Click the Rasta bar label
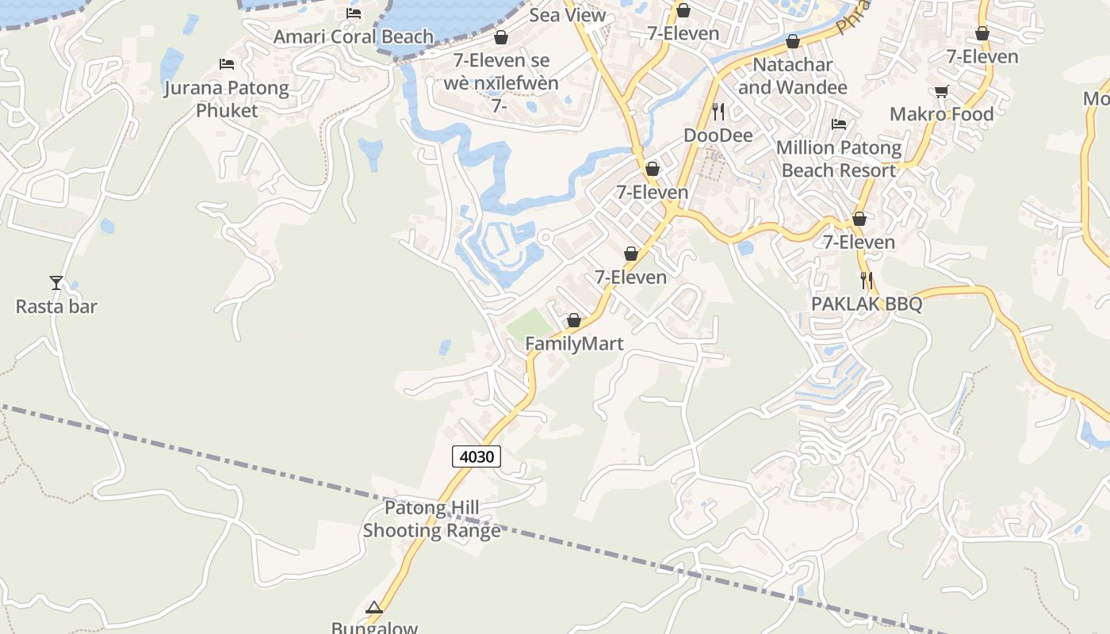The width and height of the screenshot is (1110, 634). tap(56, 306)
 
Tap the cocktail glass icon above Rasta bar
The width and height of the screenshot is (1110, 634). tap(56, 282)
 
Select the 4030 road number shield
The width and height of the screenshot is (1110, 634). tap(477, 456)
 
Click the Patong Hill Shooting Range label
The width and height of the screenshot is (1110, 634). tap(432, 519)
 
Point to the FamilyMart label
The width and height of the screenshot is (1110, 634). tap(574, 344)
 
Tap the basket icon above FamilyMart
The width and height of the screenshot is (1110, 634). tap(574, 321)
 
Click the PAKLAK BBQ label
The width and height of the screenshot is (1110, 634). tap(867, 304)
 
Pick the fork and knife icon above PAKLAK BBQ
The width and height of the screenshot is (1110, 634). tap(867, 280)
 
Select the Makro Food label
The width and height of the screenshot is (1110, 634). tap(941, 114)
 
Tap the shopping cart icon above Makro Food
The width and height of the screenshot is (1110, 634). tap(941, 91)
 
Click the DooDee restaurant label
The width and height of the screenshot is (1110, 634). tap(718, 136)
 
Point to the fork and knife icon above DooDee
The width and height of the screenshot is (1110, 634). tap(718, 111)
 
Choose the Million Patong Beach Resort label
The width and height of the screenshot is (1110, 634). tap(839, 158)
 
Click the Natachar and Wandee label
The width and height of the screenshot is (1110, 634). tap(793, 76)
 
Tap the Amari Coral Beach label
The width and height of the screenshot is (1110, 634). tap(354, 36)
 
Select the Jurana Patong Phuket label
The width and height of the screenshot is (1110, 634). tap(227, 99)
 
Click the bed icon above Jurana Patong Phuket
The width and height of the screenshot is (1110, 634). tap(227, 63)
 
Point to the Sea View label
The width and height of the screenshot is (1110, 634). tap(568, 15)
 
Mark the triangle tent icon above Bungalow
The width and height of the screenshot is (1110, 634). tap(374, 608)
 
